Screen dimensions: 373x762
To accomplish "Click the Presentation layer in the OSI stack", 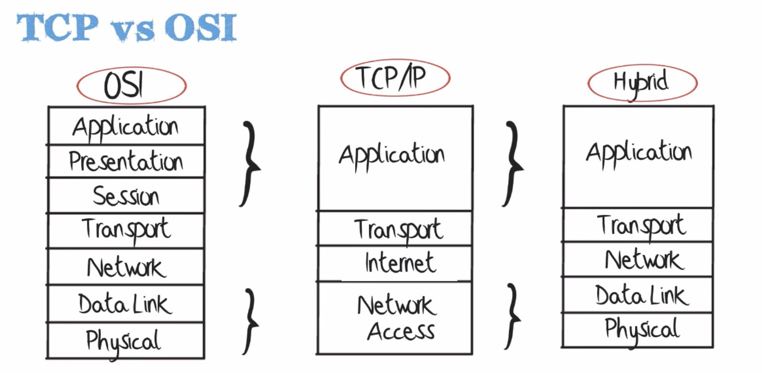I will (x=126, y=161).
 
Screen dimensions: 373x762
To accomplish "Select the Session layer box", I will (x=126, y=196).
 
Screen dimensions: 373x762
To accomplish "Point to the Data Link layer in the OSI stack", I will (x=126, y=303).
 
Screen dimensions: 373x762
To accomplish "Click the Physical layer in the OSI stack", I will (x=126, y=340).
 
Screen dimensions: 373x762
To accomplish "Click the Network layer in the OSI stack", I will (x=126, y=267).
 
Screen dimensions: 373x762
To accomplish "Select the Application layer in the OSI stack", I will (x=126, y=126).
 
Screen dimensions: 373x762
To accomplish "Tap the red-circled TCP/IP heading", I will (x=394, y=78).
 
